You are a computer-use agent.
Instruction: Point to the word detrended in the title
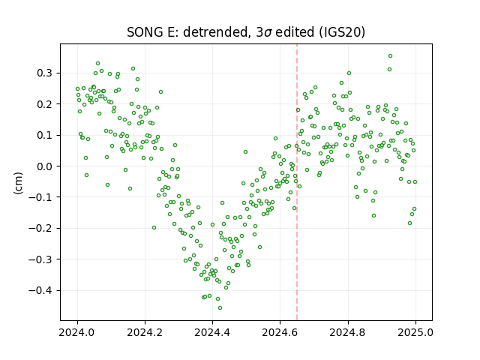coord(215,32)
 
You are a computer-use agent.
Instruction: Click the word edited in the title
coord(295,32)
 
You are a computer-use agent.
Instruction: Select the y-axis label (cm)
coord(18,183)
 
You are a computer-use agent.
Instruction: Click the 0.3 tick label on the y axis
coord(45,73)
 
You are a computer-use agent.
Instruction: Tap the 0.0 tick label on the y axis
coord(45,166)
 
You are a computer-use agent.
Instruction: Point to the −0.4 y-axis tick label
coord(40,290)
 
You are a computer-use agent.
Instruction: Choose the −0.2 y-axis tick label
coord(40,228)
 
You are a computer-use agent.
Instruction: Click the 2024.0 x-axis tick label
coord(77,332)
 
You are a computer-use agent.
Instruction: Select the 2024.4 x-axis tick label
coord(212,332)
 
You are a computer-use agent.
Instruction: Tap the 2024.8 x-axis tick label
coord(348,332)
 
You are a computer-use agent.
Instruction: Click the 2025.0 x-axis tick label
coord(415,332)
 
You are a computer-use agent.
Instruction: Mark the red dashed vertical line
coord(297,182)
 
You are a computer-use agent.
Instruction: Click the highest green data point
coord(390,56)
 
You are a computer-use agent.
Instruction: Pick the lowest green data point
coord(220,308)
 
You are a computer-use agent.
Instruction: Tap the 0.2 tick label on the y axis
coord(45,104)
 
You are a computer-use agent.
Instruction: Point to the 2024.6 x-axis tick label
coord(280,332)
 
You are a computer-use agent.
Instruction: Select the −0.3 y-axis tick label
coord(40,259)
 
